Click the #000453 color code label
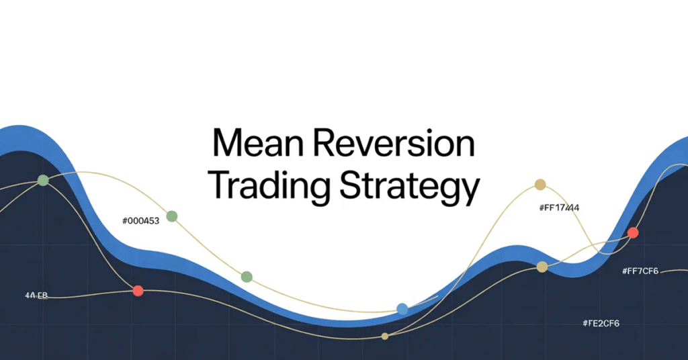(x=140, y=221)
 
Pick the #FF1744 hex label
(x=559, y=208)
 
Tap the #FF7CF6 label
(x=640, y=271)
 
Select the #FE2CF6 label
(x=601, y=324)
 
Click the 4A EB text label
(x=36, y=296)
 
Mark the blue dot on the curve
(x=402, y=309)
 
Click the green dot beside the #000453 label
(x=172, y=216)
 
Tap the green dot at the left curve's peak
(x=44, y=180)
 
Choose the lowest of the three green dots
(x=247, y=277)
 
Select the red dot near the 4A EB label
(x=138, y=291)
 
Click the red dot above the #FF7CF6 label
(x=632, y=233)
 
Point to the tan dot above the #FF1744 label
(x=540, y=185)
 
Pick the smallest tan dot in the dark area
(x=385, y=336)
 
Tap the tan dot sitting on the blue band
(x=542, y=267)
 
